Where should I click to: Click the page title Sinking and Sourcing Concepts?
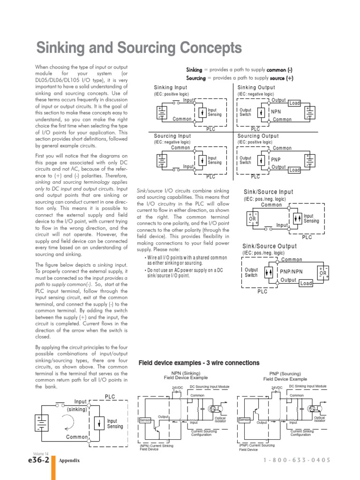click(139, 48)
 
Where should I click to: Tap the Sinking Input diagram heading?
click(171, 88)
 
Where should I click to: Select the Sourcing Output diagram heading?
click(258, 136)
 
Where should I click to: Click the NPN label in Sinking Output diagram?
click(276, 112)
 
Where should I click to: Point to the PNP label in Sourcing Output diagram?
click(276, 160)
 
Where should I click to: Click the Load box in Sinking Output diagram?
click(294, 103)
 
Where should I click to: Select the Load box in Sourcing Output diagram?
click(294, 170)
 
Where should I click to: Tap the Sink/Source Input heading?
click(268, 192)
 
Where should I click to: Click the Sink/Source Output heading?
click(269, 247)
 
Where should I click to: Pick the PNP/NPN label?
click(291, 271)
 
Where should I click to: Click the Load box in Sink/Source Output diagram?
click(306, 284)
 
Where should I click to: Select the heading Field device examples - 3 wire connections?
click(199, 363)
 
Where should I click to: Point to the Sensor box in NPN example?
click(145, 420)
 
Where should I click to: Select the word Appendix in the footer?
click(69, 461)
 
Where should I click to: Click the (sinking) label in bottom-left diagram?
click(77, 409)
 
